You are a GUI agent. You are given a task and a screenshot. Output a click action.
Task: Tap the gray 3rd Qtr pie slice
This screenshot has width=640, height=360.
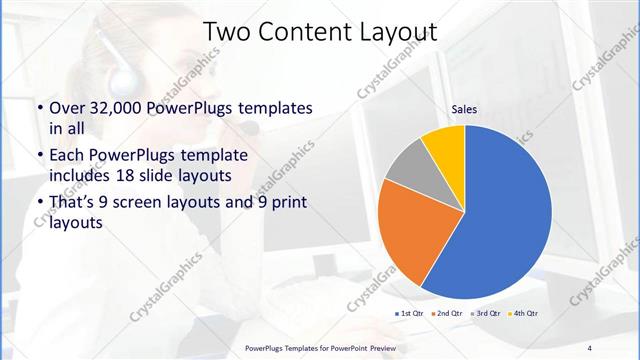407,168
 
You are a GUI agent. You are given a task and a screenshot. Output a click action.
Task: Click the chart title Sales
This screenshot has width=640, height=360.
464,109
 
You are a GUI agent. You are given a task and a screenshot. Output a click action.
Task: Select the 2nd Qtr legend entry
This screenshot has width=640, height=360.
447,314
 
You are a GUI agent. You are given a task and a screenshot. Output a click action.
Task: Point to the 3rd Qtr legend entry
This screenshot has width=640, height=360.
486,314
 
